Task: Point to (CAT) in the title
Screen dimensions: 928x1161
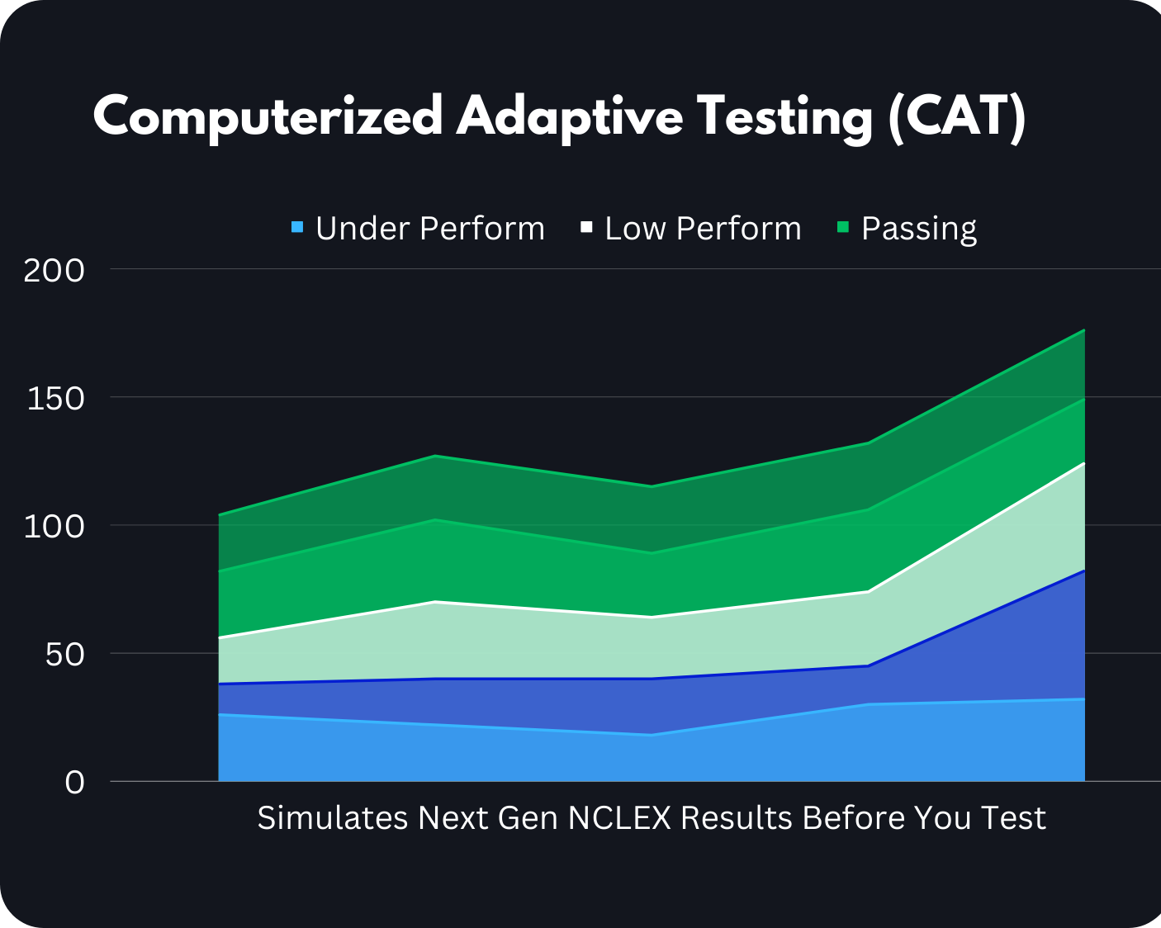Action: point(957,116)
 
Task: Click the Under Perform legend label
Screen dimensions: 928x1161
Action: point(429,229)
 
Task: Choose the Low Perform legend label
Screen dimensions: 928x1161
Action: point(703,229)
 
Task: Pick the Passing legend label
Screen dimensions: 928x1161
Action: point(918,229)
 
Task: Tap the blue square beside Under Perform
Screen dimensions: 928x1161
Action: point(297,226)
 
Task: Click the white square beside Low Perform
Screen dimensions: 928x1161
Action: point(586,226)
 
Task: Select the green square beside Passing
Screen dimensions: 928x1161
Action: point(843,226)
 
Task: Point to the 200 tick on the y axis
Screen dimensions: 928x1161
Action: point(54,270)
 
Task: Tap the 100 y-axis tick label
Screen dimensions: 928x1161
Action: point(54,526)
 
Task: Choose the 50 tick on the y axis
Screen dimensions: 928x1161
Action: point(64,655)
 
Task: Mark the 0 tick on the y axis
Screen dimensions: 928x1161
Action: point(74,782)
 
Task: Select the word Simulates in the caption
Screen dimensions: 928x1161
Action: point(332,818)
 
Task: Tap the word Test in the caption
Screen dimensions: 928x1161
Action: point(1013,818)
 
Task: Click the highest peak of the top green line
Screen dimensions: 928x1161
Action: point(1083,330)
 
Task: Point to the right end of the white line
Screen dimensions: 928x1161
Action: point(1083,463)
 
